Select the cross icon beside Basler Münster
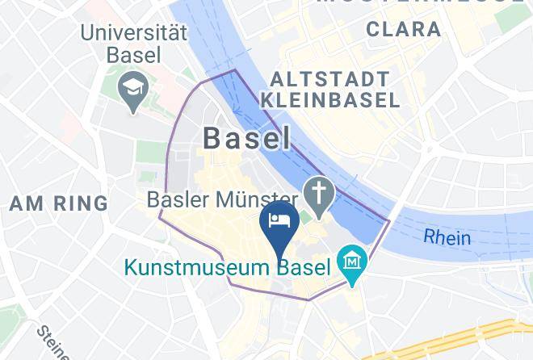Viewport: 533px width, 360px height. click(x=320, y=194)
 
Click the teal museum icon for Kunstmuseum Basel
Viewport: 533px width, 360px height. click(x=353, y=262)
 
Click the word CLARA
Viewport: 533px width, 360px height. click(x=404, y=30)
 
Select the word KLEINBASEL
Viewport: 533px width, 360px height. click(x=330, y=100)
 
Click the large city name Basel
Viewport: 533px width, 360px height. click(x=246, y=138)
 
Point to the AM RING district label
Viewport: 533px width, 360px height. click(x=59, y=203)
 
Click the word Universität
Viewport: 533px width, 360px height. click(x=133, y=34)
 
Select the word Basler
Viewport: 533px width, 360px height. click(x=178, y=199)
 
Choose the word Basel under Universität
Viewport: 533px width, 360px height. click(x=134, y=56)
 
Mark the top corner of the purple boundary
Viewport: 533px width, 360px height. click(x=234, y=70)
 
